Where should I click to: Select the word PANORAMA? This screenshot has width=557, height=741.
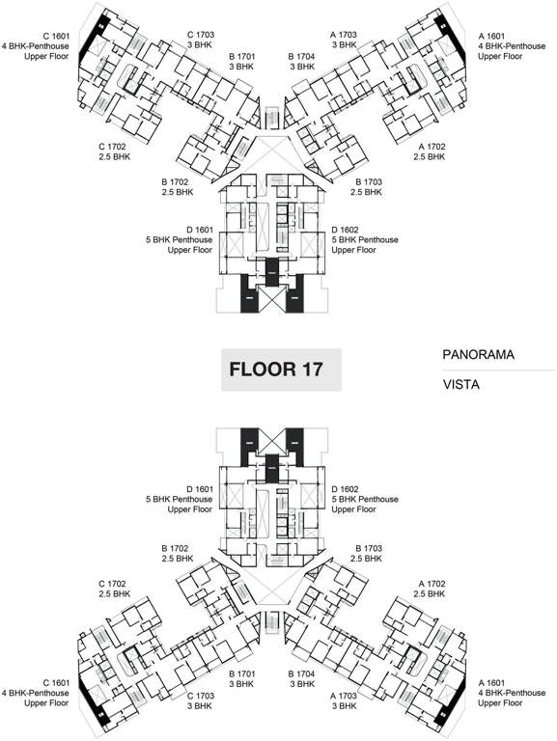point(478,355)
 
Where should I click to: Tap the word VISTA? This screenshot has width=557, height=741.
point(461,383)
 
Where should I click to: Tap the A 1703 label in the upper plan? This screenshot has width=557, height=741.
point(345,40)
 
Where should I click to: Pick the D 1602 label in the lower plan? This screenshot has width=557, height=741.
point(365,499)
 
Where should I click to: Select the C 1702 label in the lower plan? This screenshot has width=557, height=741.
point(114,590)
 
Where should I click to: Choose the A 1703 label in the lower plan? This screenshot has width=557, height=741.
point(345,700)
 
